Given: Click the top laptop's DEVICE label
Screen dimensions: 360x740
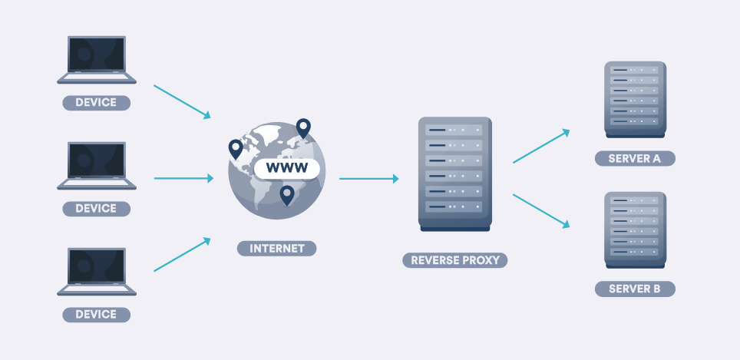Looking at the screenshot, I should coord(96,103).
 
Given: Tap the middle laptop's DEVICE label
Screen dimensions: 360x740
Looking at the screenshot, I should coord(96,208).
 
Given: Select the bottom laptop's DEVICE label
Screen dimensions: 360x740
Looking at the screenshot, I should coord(96,314).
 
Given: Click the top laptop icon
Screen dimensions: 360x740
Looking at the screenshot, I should coord(97,59).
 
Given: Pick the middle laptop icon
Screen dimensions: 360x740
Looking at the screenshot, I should coord(97,165).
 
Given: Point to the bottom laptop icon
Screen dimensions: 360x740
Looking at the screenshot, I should coord(97,271).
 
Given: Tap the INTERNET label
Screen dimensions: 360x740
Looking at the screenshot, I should coord(276,249).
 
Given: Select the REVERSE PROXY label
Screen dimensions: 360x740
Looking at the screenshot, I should coord(455,260).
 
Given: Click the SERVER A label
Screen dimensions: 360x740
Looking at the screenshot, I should coord(634,159).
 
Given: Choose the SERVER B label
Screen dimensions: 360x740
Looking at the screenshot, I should coord(634,289).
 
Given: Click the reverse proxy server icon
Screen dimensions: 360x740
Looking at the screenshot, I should coord(455,173).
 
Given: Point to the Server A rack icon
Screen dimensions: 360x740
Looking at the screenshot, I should coord(634,98).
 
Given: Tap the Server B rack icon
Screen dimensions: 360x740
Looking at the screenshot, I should coord(634,229).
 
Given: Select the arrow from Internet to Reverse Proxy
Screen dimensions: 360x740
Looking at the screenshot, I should coord(368,179).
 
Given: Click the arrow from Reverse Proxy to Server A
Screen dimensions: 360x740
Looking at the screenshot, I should coord(541,146).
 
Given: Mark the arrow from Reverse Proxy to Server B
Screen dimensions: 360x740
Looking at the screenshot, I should coord(541,210).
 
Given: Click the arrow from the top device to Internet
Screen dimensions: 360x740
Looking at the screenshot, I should coord(182,101).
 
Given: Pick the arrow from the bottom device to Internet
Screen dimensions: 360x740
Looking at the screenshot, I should coord(182,255).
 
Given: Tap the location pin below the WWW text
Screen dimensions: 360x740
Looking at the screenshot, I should coord(286,194).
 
